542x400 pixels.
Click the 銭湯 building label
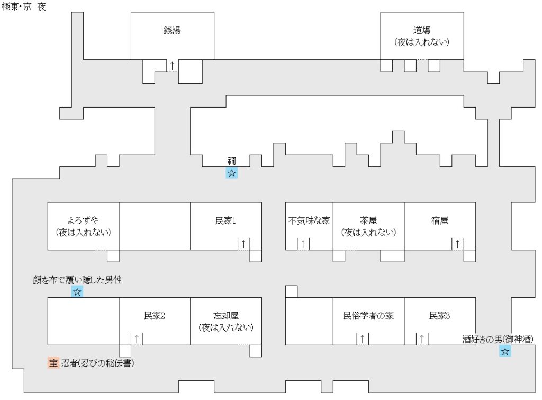[172, 31]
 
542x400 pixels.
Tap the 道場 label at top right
[422, 31]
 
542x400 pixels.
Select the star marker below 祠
[231, 173]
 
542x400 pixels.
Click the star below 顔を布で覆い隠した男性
[77, 292]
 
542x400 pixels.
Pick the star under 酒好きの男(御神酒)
[505, 351]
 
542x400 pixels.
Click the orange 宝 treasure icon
[53, 363]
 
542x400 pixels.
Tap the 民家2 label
[155, 316]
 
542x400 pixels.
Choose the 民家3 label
[439, 316]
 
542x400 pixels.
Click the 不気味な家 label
[309, 221]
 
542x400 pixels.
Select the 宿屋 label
[439, 221]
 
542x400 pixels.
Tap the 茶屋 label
[368, 221]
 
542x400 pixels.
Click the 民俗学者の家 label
[368, 316]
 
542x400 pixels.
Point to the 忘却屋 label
[225, 316]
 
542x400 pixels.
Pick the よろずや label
[83, 221]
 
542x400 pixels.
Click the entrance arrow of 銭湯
[172, 66]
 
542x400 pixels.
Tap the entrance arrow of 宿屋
[457, 244]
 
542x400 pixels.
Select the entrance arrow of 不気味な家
[303, 244]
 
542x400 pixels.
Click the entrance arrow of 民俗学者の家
[363, 339]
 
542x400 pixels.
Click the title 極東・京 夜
[24, 7]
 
